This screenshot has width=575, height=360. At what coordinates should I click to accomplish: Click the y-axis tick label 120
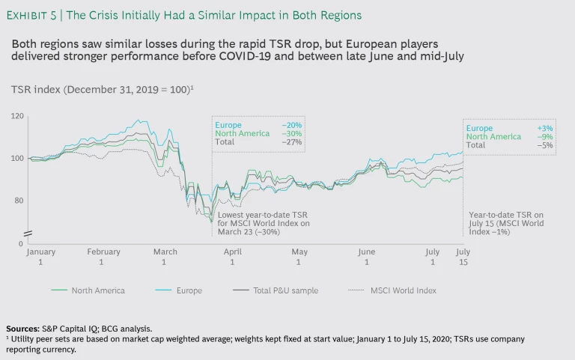[16, 116]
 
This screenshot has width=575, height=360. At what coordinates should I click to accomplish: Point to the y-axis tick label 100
[16, 159]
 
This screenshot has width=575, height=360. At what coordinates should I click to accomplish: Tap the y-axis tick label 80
[19, 201]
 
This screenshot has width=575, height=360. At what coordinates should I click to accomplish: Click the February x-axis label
[103, 257]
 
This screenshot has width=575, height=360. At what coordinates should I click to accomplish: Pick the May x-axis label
[299, 257]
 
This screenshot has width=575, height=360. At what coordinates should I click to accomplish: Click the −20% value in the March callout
[292, 124]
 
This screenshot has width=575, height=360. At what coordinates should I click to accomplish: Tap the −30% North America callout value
[292, 132]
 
